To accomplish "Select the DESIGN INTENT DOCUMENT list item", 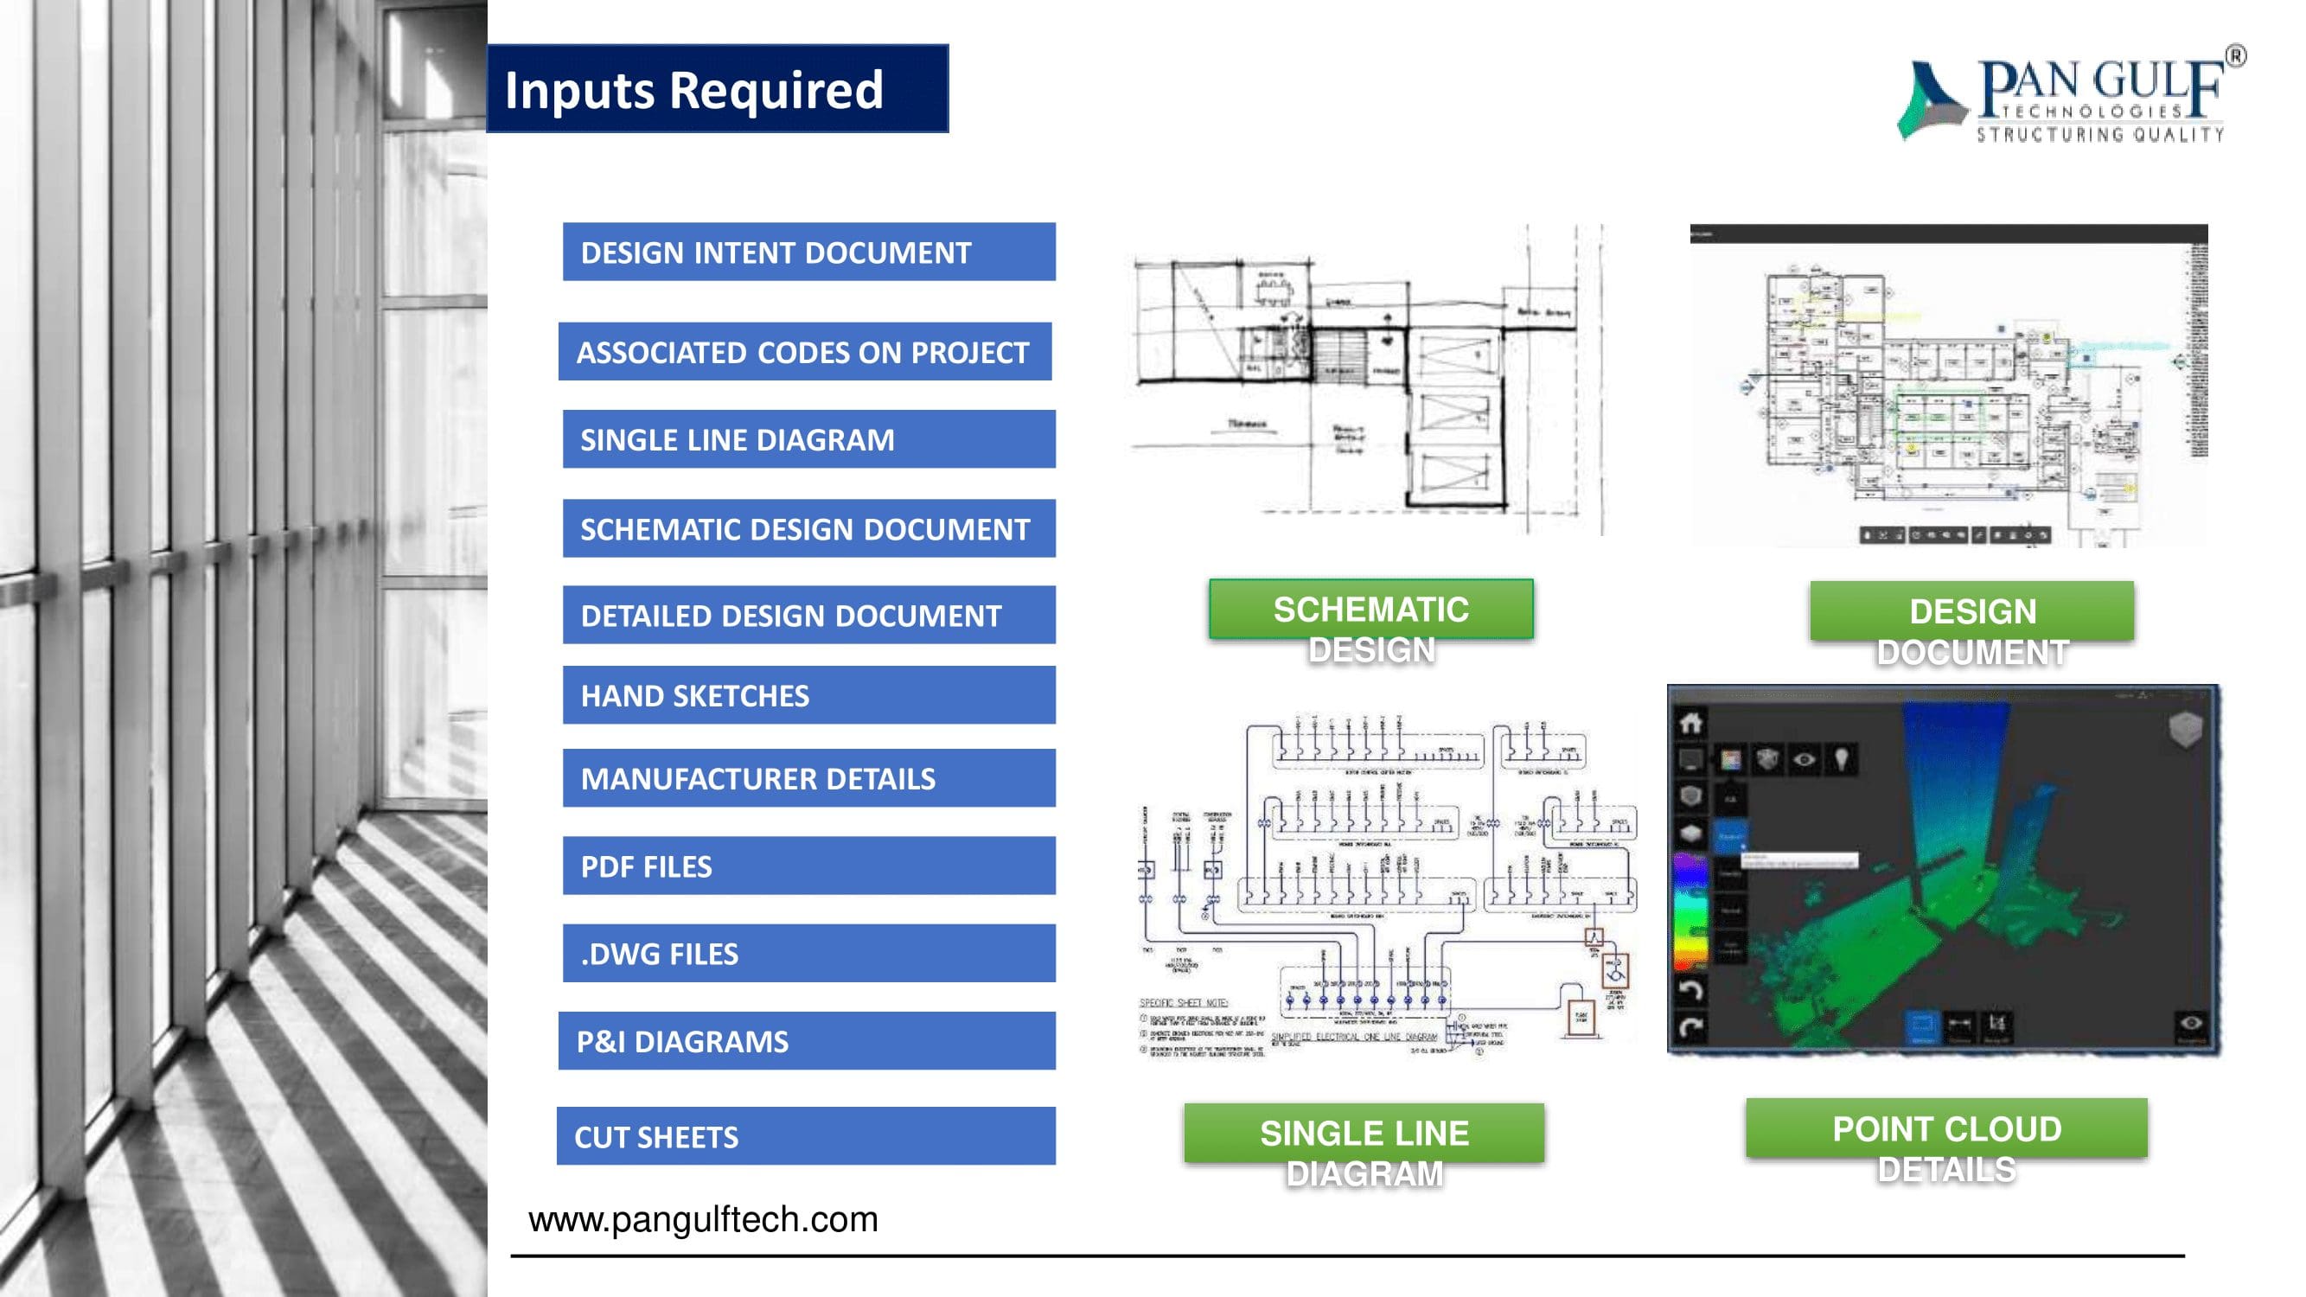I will point(808,252).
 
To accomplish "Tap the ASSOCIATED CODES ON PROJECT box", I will point(804,352).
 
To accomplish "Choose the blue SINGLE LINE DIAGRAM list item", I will point(808,439).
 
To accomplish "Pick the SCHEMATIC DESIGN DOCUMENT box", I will point(808,529).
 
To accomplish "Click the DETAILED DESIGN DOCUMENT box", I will point(808,615).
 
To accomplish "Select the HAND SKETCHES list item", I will point(808,695).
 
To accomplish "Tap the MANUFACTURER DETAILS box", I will point(808,778).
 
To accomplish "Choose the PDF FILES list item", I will point(808,866).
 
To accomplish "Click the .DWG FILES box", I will point(808,953).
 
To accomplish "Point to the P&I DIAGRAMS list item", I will point(806,1041).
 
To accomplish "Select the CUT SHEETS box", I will point(806,1136).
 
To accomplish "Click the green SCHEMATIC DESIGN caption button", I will point(1370,610).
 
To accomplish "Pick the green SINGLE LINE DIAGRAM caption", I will point(1364,1134).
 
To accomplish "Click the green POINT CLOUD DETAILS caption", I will point(1946,1128).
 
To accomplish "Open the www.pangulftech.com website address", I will point(703,1219).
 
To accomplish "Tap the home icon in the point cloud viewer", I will point(1690,722).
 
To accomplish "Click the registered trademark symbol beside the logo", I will point(2234,56).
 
